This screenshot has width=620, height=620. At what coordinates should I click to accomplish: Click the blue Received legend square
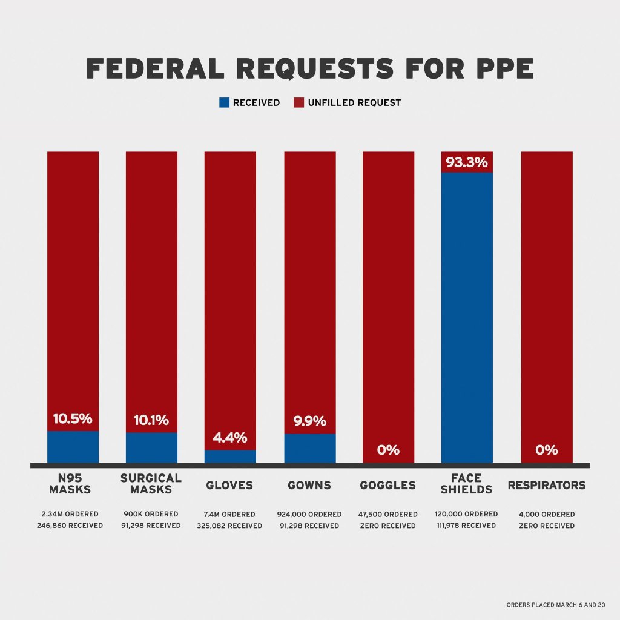[224, 103]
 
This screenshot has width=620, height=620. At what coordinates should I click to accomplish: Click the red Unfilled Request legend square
[298, 103]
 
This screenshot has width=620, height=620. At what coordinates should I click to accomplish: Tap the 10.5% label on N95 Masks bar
[73, 418]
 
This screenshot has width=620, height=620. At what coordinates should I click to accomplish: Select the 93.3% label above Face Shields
[467, 162]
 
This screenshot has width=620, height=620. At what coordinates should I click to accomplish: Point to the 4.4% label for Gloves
[230, 438]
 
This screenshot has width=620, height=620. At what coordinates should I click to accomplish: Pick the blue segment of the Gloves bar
[230, 457]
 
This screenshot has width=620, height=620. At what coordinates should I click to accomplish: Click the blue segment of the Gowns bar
[310, 448]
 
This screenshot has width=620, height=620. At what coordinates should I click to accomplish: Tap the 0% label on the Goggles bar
[388, 450]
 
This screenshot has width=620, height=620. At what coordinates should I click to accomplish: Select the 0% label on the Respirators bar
[547, 450]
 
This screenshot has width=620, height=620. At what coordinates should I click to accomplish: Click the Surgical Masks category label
[151, 484]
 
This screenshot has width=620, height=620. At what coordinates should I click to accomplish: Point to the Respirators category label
[547, 486]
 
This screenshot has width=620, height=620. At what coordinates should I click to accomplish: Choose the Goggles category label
[388, 486]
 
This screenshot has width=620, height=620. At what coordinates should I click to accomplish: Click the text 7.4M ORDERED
[230, 514]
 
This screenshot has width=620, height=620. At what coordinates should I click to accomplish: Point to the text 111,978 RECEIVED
[467, 526]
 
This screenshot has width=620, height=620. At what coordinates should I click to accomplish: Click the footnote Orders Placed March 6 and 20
[556, 605]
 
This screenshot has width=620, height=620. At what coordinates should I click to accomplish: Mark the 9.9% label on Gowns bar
[310, 421]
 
